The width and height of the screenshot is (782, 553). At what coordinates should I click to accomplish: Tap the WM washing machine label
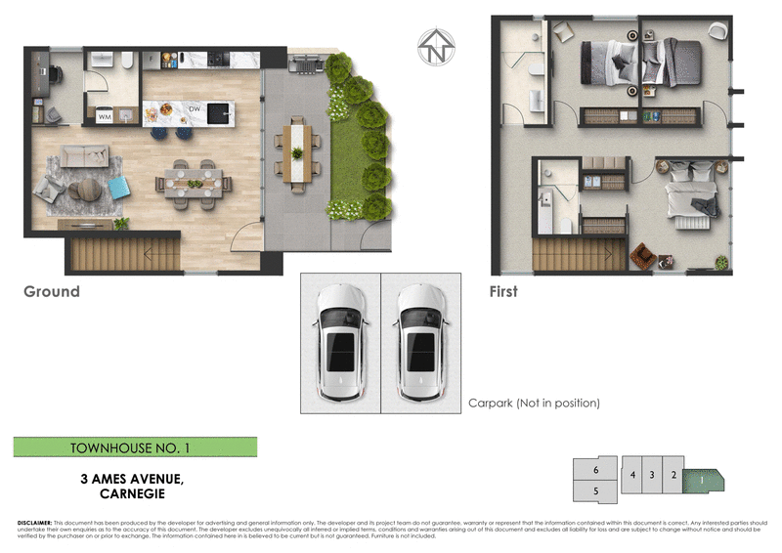105,117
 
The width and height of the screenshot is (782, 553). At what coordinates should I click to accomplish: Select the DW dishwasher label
208,107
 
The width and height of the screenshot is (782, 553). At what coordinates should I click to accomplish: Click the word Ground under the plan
52,292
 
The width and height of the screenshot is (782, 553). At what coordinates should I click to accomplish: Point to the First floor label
503,292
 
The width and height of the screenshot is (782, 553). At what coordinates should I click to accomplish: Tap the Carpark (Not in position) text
533,403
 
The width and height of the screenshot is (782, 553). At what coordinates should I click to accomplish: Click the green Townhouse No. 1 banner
135,447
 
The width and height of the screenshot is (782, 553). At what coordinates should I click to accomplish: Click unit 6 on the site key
595,470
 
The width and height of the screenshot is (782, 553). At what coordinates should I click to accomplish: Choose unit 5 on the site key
595,489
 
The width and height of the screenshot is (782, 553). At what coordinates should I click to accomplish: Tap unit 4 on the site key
633,475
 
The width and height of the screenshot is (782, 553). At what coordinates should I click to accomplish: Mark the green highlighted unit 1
701,478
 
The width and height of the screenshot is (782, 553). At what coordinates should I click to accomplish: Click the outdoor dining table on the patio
298,150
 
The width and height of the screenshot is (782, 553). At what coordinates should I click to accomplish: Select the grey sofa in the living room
85,156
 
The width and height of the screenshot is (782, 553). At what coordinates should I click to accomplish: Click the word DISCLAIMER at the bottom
35,523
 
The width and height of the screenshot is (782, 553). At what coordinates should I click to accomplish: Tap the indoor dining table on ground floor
194,181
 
